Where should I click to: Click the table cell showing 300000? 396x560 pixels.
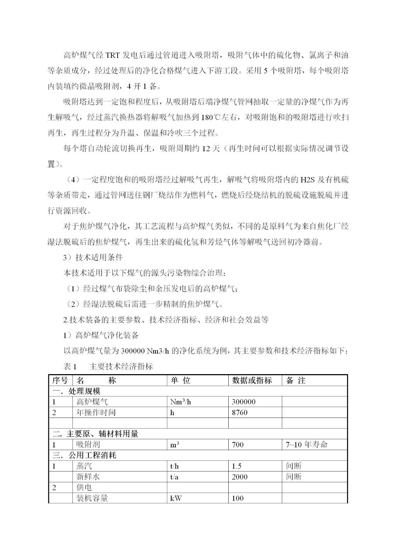point(244,402)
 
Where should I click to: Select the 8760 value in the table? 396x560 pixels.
point(240,413)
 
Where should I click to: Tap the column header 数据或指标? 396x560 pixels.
point(252,380)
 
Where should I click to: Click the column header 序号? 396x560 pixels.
point(60,380)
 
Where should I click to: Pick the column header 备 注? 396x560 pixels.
point(296,380)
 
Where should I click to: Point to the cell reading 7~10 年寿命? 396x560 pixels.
point(306,445)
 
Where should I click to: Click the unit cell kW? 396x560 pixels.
point(176,498)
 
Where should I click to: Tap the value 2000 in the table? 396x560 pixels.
point(240,477)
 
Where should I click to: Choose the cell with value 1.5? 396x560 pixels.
point(237,466)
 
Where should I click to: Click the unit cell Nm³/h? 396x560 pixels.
point(181,402)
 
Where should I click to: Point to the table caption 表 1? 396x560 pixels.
point(70,366)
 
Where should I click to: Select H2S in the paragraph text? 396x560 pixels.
point(308,180)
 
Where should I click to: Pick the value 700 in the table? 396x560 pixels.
point(238,445)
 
